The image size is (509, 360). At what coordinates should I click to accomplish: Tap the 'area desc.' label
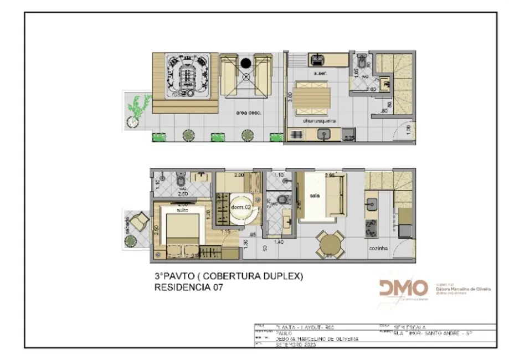pyautogui.click(x=249, y=112)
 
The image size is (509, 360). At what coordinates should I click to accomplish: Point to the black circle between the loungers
pyautogui.click(x=246, y=63)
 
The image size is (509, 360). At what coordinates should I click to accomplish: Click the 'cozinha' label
pyautogui.click(x=378, y=249)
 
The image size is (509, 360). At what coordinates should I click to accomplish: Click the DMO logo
pyautogui.click(x=403, y=288)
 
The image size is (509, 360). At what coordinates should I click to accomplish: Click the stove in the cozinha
pyautogui.click(x=371, y=228)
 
